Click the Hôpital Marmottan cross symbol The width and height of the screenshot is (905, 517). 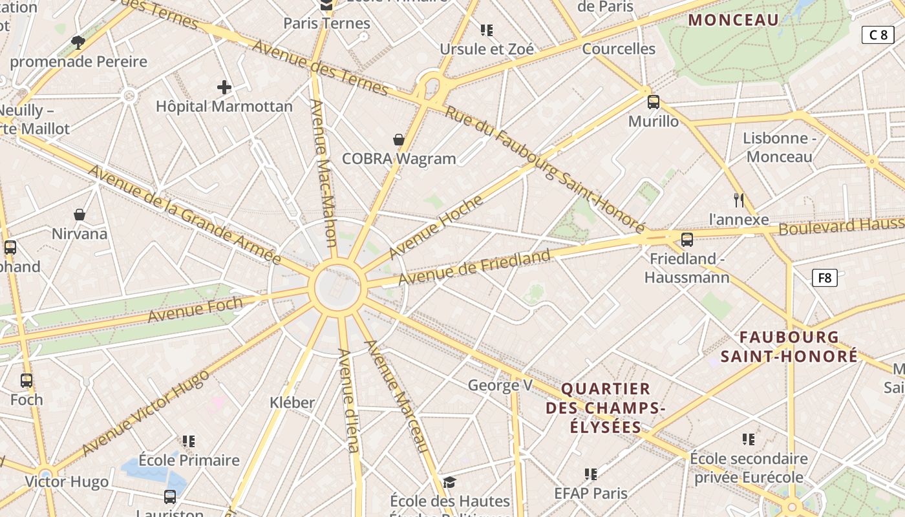tap(224, 87)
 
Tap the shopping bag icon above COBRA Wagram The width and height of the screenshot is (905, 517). tap(399, 140)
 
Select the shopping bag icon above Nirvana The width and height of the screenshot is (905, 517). tap(80, 215)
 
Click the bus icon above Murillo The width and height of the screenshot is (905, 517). tap(654, 101)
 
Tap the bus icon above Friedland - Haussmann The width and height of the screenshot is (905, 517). tap(687, 240)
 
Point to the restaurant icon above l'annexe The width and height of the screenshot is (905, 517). tap(739, 200)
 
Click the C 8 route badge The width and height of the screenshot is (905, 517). tap(878, 35)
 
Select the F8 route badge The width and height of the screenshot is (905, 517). tap(824, 278)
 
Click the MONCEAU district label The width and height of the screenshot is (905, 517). tap(733, 20)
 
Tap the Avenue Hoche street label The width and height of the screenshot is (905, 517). tap(436, 227)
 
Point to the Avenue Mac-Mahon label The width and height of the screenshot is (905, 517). tap(324, 173)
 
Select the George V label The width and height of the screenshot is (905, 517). tap(500, 386)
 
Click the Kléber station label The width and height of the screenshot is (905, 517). tap(292, 403)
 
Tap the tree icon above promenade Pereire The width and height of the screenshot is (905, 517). tap(78, 43)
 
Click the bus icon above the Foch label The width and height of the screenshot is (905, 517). tap(27, 381)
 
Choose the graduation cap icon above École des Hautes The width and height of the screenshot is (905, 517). tap(449, 482)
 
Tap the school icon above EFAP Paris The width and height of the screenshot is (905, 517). tap(590, 474)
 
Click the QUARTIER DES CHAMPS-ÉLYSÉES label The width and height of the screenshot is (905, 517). tap(606, 408)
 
